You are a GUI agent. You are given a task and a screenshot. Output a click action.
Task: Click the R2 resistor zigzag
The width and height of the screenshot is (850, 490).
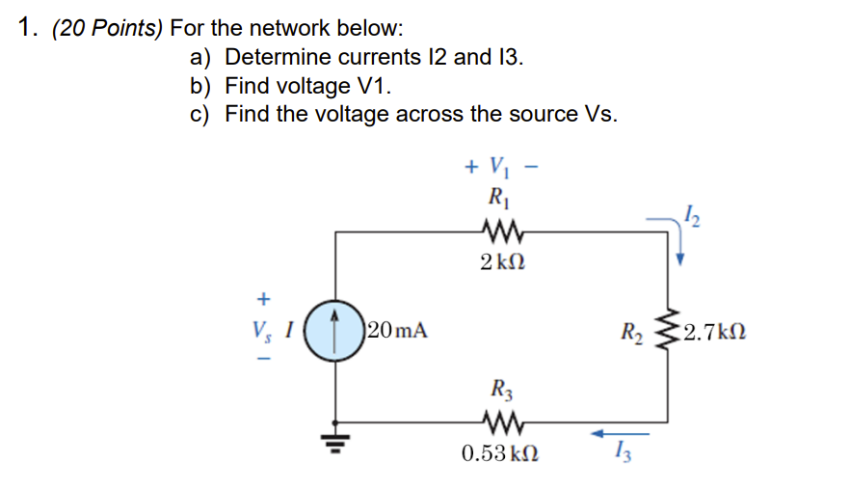pyautogui.click(x=663, y=334)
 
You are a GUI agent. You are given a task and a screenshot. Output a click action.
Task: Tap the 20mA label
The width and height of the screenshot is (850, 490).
pyautogui.click(x=398, y=333)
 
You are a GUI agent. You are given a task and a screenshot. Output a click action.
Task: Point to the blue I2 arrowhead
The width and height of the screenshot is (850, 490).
pyautogui.click(x=681, y=257)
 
